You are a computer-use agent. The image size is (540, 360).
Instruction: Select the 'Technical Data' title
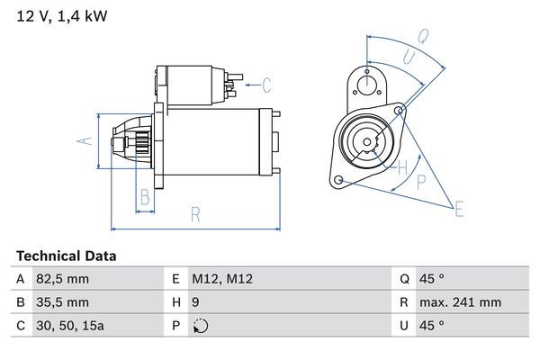pos(66,256)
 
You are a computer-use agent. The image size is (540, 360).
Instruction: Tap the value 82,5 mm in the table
pos(63,279)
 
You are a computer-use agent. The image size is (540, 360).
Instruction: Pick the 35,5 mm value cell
pos(63,302)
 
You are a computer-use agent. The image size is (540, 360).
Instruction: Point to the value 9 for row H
pos(197,302)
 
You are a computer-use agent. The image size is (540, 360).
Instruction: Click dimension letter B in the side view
pos(144,198)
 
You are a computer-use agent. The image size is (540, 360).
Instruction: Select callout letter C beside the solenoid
pos(266,86)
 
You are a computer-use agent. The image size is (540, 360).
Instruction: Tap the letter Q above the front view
pos(422,37)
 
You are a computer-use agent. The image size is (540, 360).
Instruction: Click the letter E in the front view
pos(458,210)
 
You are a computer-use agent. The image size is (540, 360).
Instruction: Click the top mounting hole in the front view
pos(367,85)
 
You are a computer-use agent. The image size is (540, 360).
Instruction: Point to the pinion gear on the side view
pos(139,141)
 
